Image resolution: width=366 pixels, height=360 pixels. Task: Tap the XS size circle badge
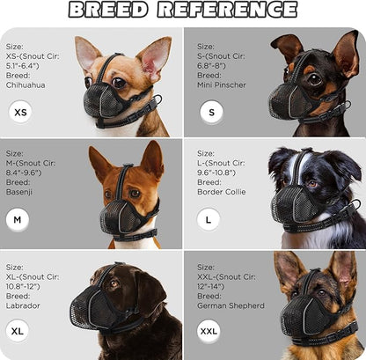pos(21,113)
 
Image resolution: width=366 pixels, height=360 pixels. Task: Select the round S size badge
pos(209,113)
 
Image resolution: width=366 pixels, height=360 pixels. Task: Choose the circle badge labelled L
pos(209,219)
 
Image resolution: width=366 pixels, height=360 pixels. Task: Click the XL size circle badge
pos(19,331)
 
